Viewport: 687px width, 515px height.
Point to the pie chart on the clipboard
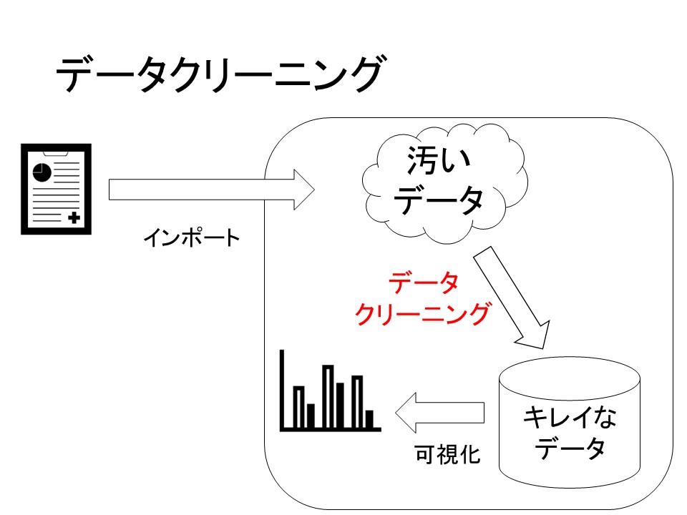[42, 172]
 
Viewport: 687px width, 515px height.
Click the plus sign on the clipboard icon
[74, 217]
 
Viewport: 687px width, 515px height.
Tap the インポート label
[192, 238]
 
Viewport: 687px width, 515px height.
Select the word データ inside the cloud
[438, 201]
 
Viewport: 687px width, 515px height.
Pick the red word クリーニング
[423, 315]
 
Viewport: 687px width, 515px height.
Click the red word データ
[423, 285]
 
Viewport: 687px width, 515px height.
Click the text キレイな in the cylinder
[570, 418]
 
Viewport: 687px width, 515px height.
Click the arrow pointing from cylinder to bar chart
[439, 413]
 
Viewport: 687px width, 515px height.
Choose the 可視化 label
[448, 454]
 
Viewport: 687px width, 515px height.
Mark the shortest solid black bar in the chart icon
[369, 418]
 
